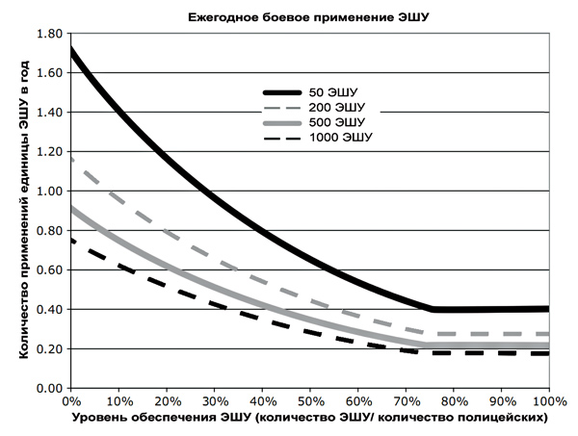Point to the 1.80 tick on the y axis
tap(47, 34)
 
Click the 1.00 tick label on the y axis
tap(47, 191)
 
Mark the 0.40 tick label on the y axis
tap(47, 309)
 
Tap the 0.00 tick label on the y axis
tap(47, 388)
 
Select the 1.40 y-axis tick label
tap(47, 113)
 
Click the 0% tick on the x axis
tap(69, 398)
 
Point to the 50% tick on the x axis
tap(309, 398)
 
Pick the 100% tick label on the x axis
tap(548, 398)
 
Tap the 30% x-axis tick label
tap(213, 398)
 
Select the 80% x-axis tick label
tap(453, 398)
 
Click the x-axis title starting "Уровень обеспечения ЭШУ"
tap(309, 420)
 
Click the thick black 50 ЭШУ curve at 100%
tap(546, 309)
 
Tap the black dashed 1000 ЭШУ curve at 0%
tap(71, 241)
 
